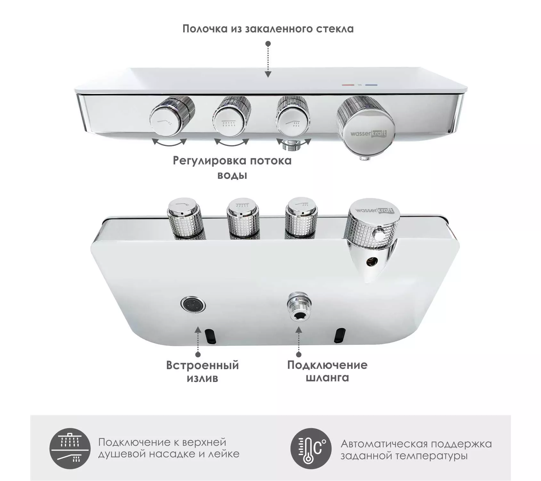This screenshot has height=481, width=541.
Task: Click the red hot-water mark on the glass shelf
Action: click(348, 85)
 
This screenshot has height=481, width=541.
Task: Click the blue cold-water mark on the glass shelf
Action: click(371, 85)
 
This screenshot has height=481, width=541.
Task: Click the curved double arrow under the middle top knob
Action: click(231, 143)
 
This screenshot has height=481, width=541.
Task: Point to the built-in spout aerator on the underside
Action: click(193, 304)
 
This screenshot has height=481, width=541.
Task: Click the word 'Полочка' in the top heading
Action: click(205, 29)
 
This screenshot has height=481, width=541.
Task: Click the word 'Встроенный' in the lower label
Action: click(202, 365)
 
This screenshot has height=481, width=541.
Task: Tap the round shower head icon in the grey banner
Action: click(70, 449)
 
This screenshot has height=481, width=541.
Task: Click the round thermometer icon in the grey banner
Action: click(311, 449)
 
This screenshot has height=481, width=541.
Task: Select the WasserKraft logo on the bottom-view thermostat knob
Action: click(374, 211)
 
